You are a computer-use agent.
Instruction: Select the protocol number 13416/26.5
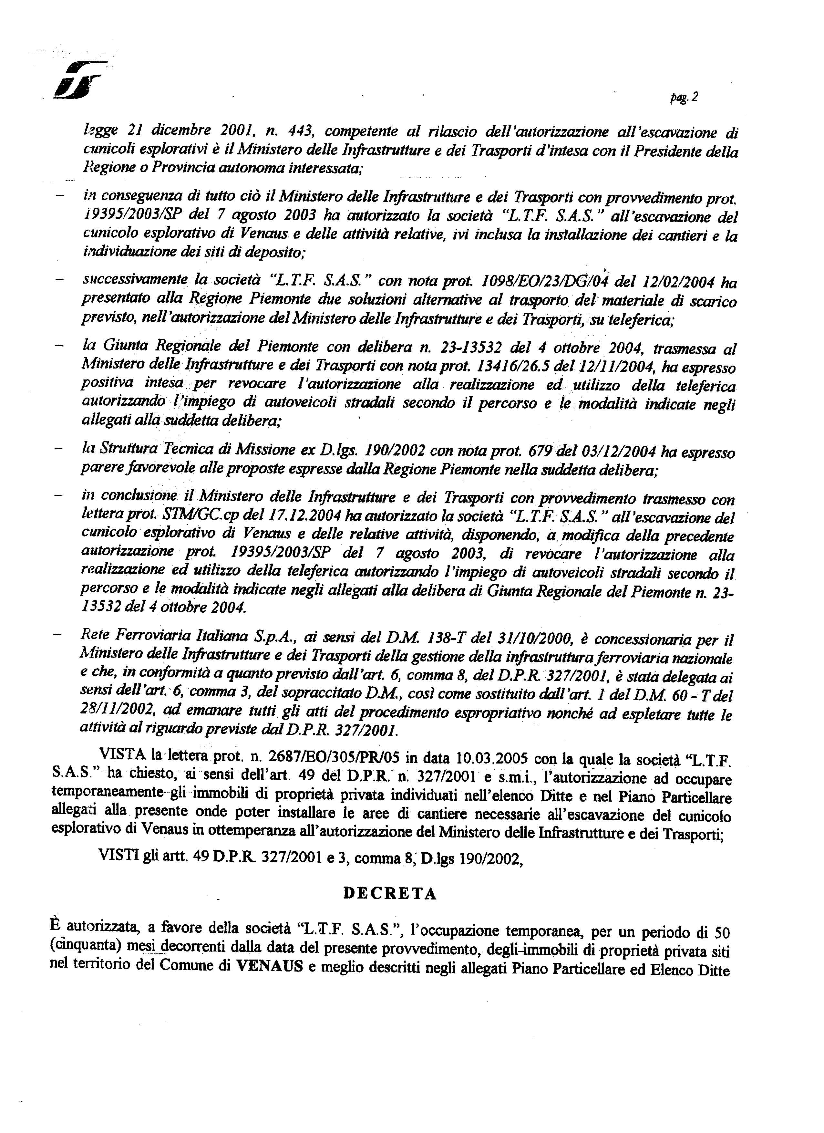pos(505,368)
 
